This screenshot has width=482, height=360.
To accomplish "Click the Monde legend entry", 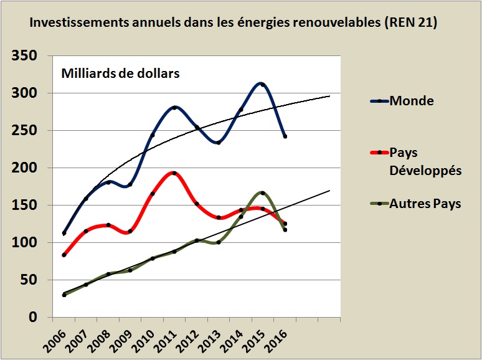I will point(411,101).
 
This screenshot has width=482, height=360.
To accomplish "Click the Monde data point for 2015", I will point(263,85).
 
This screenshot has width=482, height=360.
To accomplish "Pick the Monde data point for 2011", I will point(174,108).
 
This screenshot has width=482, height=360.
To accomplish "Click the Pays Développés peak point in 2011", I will point(174,173).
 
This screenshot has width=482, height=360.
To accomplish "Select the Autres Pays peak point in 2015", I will point(263,193).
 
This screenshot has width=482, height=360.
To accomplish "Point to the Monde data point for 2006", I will point(64,233).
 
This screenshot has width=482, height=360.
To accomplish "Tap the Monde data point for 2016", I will point(285,136).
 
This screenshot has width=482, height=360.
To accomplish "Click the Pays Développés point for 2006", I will point(64,255).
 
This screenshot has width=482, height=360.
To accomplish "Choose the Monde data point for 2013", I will point(219,143).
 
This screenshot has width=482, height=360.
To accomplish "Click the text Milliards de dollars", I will point(120,73).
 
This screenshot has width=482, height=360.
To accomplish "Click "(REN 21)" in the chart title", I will point(408,23).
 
